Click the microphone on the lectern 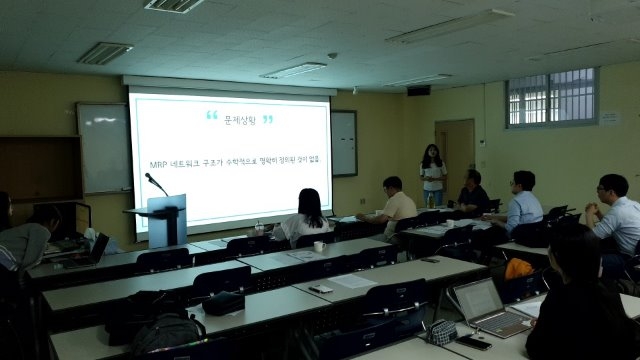tap(155, 183)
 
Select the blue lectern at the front tap(166, 219)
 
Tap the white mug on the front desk tap(319, 247)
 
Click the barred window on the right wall tap(552, 97)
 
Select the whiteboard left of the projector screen tap(104, 147)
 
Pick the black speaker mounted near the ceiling tap(418, 90)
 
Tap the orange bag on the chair tap(518, 268)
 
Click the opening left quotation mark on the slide tap(212, 116)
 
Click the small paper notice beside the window tap(609, 118)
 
